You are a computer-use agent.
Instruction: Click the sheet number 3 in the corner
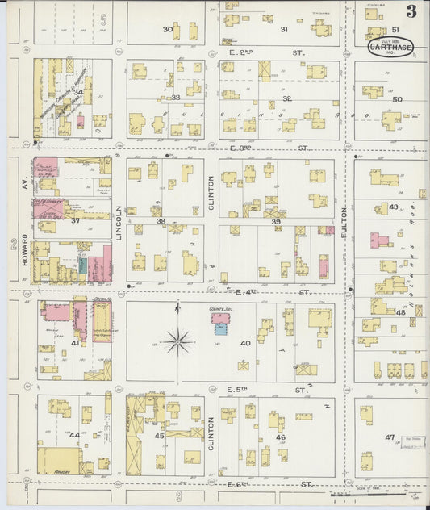[x=411, y=11]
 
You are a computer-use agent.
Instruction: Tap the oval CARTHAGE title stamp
[x=391, y=47]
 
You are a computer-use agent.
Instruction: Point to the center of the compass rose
[x=177, y=341]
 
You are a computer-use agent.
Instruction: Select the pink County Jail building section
[x=220, y=328]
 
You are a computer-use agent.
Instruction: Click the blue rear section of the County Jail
[x=220, y=317]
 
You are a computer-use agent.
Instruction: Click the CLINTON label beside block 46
[x=211, y=433]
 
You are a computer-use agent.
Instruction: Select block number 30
[x=168, y=29]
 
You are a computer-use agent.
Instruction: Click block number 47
[x=390, y=437]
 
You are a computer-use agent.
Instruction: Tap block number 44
[x=75, y=435]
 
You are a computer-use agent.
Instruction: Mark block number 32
[x=286, y=98]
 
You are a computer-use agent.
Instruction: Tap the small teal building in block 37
[x=83, y=265]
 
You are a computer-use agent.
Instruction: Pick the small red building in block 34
[x=80, y=123]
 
